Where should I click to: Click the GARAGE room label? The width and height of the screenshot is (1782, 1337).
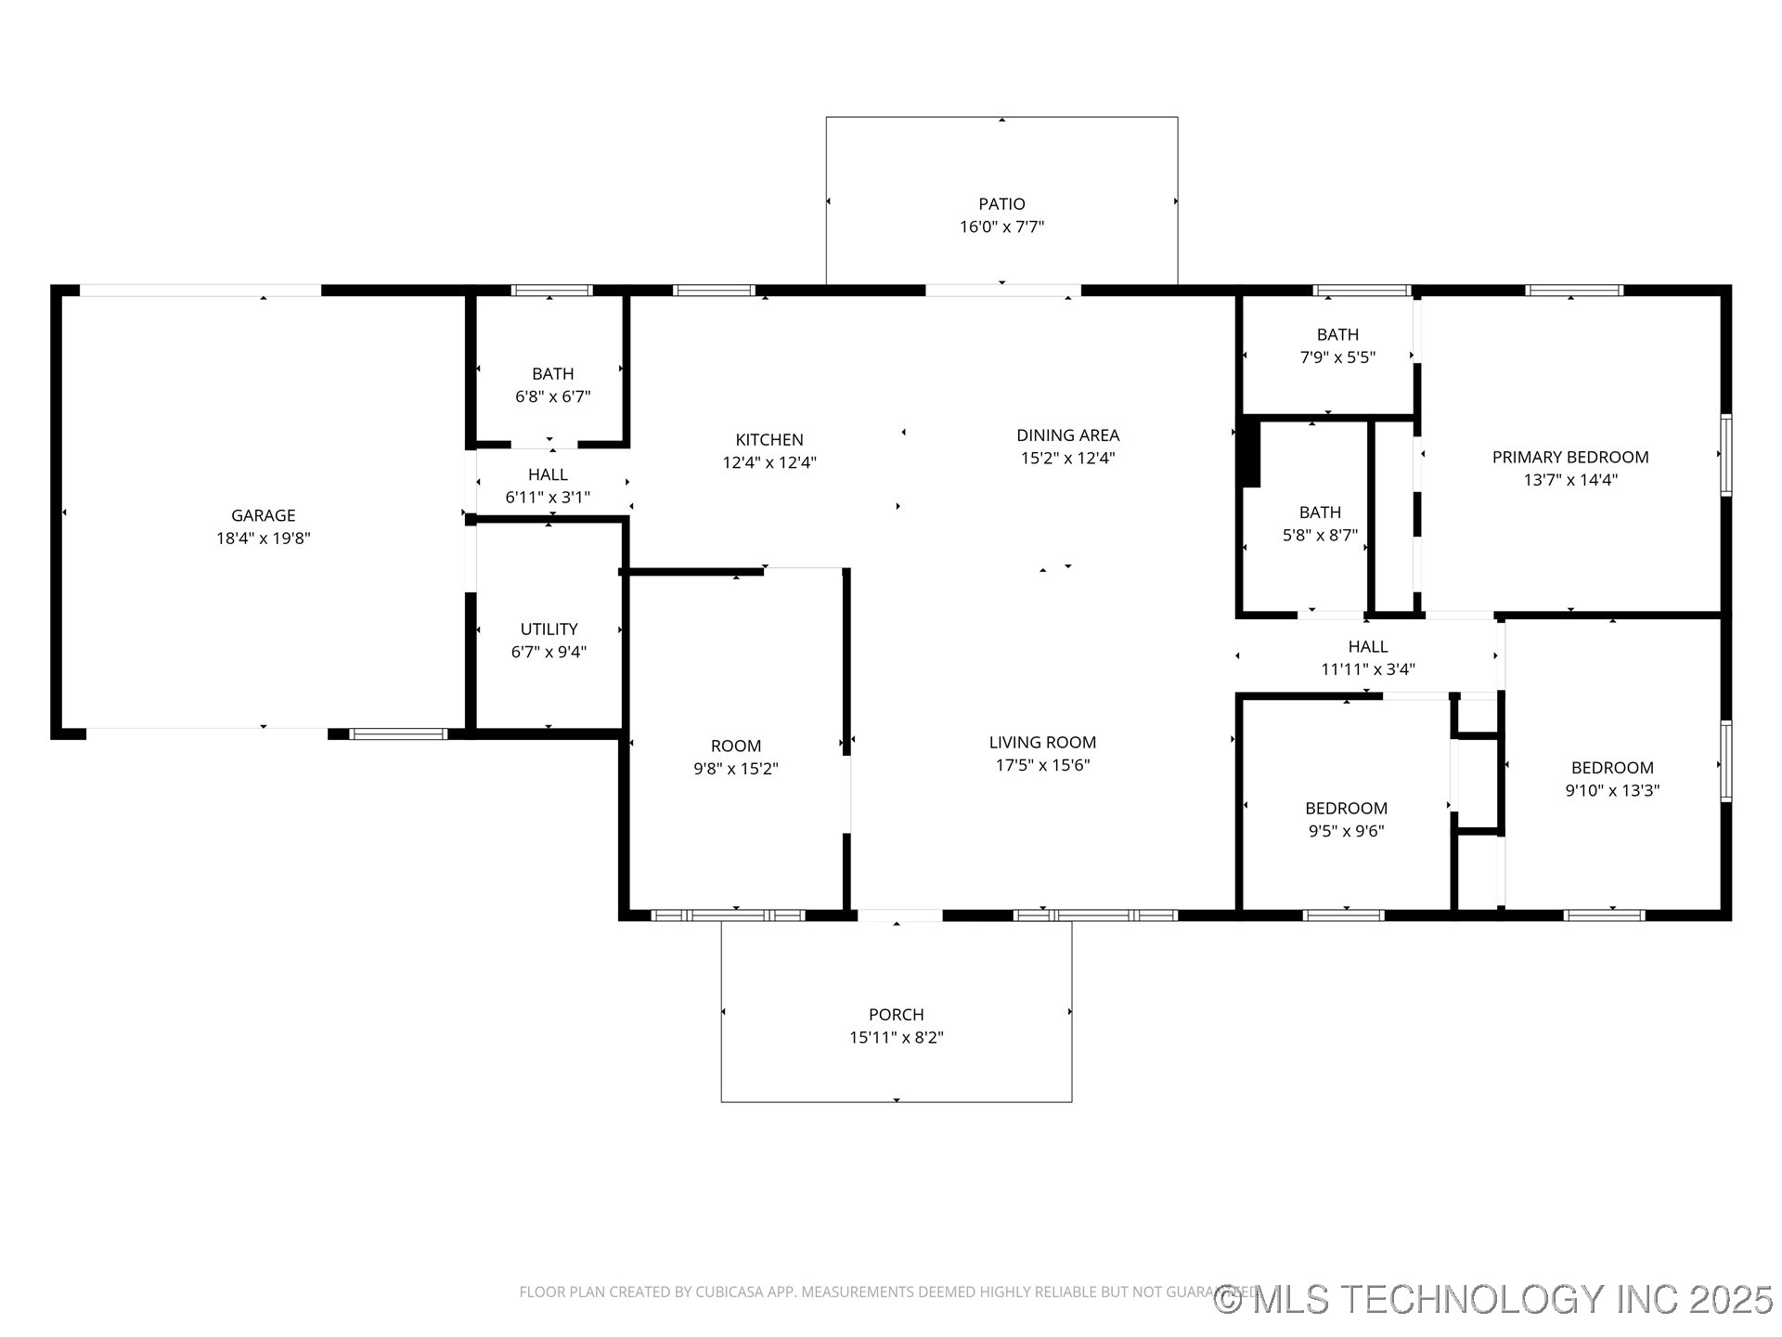pos(263,515)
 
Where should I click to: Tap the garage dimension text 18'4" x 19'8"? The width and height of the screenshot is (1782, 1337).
pos(263,539)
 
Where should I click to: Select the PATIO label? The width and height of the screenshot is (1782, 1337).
pos(1001,204)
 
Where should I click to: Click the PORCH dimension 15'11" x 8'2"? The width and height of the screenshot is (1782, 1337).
pos(896,1038)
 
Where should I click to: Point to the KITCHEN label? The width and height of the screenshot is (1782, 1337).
pos(768,440)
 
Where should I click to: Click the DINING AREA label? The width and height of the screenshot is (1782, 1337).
pos(1067,435)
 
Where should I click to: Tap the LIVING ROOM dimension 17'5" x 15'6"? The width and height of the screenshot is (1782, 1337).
pos(1042,765)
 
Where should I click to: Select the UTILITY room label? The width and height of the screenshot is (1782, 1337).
pos(549,630)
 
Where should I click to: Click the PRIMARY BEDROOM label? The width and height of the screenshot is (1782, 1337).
pos(1569,457)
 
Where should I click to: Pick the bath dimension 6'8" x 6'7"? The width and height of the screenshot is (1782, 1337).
pos(552,396)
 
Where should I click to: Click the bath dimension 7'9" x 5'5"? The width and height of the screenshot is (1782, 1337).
pos(1336,357)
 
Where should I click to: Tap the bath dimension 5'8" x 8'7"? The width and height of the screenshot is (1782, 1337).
pos(1319,536)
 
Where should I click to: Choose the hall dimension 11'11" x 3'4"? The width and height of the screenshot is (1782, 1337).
pos(1367,669)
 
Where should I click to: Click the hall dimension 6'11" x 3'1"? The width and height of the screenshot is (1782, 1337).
pos(547,498)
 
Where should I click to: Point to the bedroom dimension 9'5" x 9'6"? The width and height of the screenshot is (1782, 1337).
pos(1346,831)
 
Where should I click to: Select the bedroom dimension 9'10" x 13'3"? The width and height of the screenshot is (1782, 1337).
pos(1611,791)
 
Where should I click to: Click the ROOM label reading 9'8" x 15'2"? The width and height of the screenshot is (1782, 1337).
pos(735,746)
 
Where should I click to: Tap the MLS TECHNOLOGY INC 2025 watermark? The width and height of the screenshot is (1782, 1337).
pos(1493,1299)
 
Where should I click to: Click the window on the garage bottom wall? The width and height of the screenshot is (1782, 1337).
pos(398,734)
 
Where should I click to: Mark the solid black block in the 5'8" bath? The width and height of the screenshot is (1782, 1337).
pos(1250,453)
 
